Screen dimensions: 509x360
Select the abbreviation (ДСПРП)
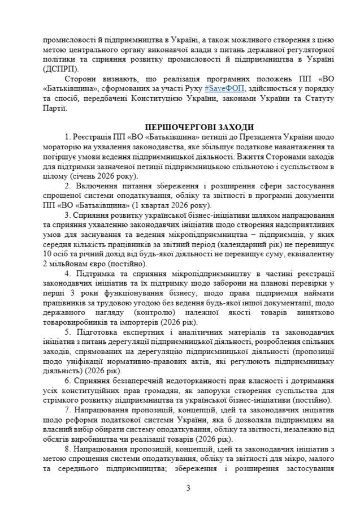[58, 68]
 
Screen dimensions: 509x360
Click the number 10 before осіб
[47, 254]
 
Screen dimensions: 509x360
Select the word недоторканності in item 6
[175, 381]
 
